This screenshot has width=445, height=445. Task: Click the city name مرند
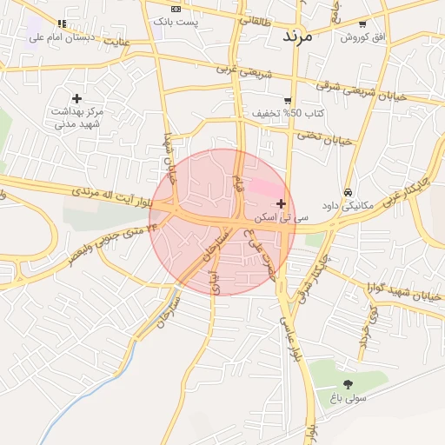pyautogui.click(x=303, y=37)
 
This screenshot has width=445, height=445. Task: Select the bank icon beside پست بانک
pyautogui.click(x=176, y=9)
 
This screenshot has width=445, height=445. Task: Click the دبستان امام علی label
pyautogui.click(x=61, y=37)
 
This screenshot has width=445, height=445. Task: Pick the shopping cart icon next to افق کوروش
pyautogui.click(x=362, y=24)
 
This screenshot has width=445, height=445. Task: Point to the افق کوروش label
pyautogui.click(x=362, y=37)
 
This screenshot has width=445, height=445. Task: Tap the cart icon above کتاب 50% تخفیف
pyautogui.click(x=288, y=101)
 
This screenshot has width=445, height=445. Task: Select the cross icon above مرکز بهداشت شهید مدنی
pyautogui.click(x=76, y=98)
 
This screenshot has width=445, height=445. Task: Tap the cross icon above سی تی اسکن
pyautogui.click(x=281, y=203)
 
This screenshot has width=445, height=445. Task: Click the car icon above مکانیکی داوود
pyautogui.click(x=348, y=192)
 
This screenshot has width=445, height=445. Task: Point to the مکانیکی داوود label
pyautogui.click(x=346, y=206)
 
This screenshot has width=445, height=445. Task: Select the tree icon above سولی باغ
pyautogui.click(x=349, y=384)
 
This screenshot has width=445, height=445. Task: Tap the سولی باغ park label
pyautogui.click(x=349, y=398)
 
